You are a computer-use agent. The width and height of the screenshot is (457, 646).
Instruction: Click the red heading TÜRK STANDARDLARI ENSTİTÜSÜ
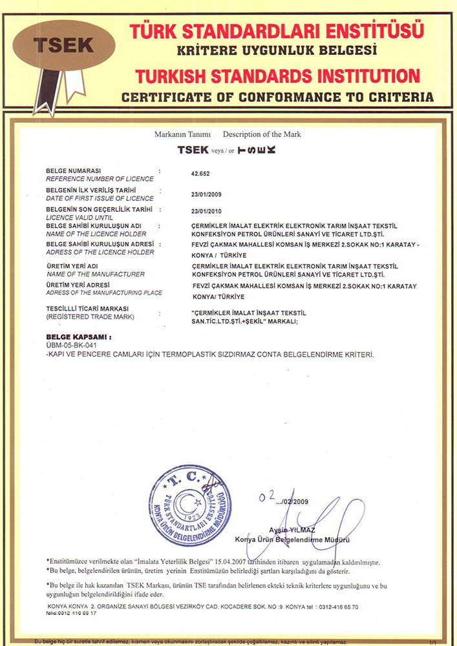coord(277,30)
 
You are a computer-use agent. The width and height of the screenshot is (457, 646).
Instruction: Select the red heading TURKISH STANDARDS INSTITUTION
coord(277,76)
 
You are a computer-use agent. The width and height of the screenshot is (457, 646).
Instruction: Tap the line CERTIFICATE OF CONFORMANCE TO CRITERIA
coord(277,98)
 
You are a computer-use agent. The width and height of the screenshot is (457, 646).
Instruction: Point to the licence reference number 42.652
coord(200,174)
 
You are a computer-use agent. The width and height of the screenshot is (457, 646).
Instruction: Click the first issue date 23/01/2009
coord(206,193)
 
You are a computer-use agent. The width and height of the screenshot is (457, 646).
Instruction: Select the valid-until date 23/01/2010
coord(206,211)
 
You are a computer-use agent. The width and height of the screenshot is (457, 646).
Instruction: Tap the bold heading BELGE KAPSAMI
coord(79,337)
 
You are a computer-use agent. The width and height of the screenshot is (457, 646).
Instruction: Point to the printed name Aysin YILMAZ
coord(292,530)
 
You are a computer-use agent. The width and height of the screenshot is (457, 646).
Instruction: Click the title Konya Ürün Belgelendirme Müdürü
coord(292,539)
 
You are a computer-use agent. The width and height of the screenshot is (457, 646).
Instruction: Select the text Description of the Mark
coord(262,134)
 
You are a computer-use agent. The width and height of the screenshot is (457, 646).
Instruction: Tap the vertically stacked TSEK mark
coord(257,150)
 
